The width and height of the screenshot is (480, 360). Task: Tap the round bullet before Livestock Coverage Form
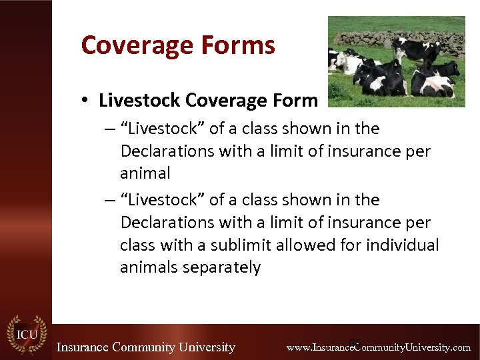tap(87, 101)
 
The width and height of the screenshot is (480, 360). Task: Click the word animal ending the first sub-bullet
tap(145, 173)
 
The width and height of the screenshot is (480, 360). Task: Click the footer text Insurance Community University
tap(145, 347)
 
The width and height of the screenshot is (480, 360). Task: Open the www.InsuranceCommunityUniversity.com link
tap(378, 347)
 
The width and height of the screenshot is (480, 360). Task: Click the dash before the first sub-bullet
tap(108, 129)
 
